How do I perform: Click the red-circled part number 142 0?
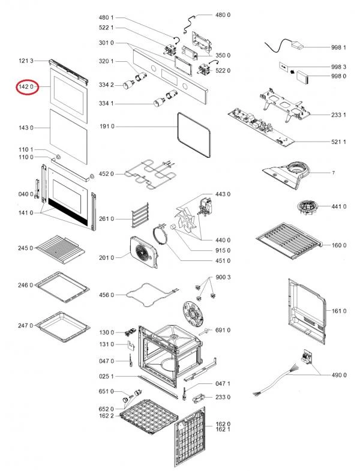point(26,87)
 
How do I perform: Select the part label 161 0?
point(340,311)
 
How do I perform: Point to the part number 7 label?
point(333,173)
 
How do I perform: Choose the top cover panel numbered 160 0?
point(290,241)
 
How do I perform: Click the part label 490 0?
point(340,375)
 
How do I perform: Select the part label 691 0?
point(223,330)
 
